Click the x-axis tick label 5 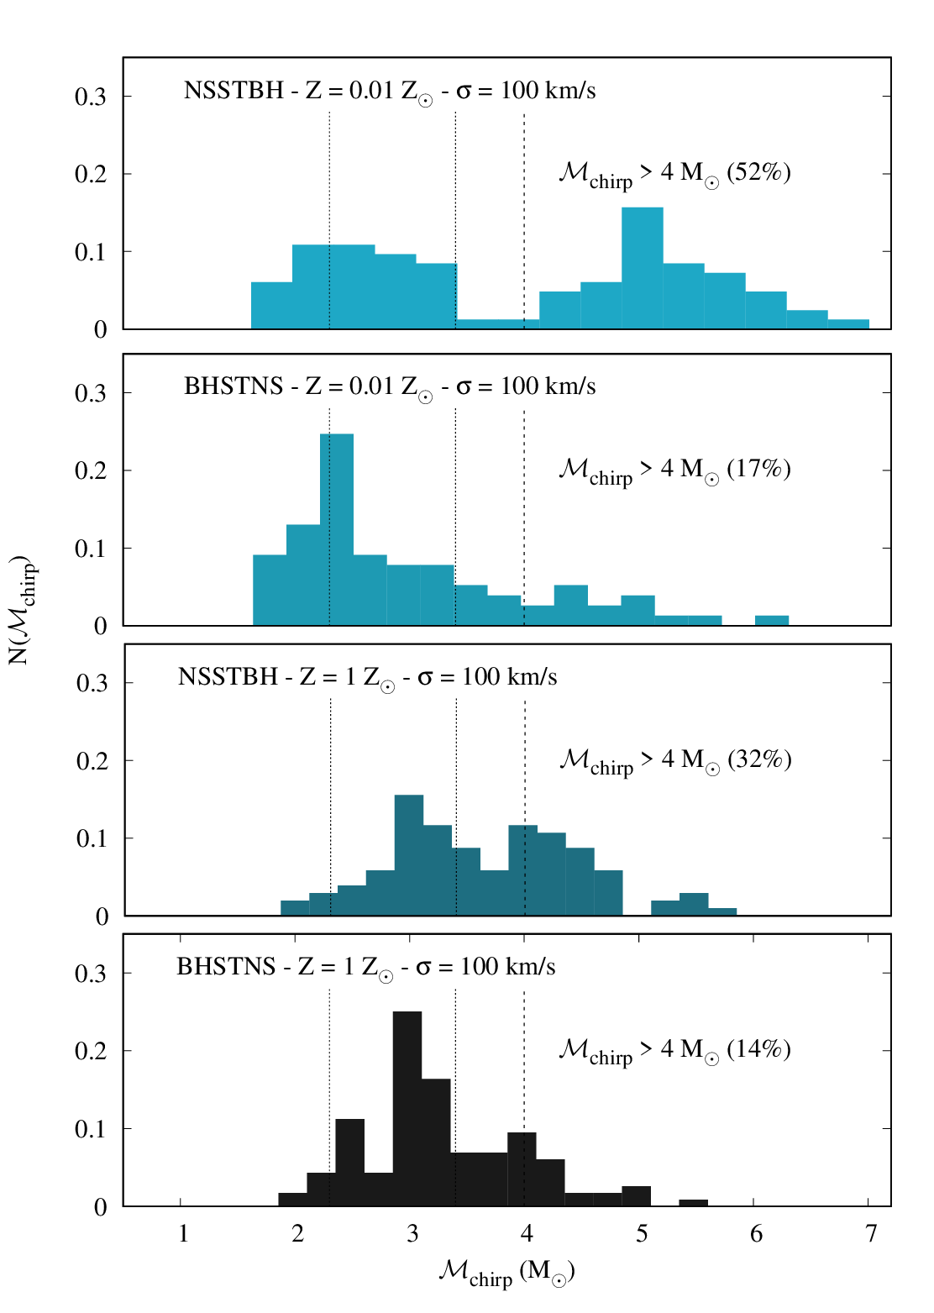point(642,1234)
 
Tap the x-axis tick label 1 point(183,1234)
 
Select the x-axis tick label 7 point(871,1234)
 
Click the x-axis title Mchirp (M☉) point(506,1273)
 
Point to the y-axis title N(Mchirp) point(22,609)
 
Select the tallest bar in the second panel point(337,529)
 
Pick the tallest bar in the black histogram point(407,1109)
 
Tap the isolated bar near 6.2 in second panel point(771,621)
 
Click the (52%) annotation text point(758,172)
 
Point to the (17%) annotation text point(758,469)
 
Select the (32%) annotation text point(759,759)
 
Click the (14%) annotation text point(758,1049)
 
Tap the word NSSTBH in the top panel point(233,91)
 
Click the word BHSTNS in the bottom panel point(226,967)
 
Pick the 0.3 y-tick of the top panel point(91,97)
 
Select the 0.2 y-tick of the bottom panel point(91,1052)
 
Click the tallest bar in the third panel point(409,855)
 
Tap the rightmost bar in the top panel point(848,324)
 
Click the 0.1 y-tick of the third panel point(92,839)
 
